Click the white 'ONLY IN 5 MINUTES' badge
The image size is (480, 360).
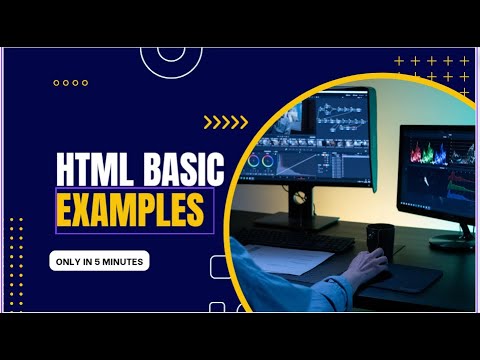click(99, 261)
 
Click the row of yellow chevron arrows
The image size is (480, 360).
click(225, 123)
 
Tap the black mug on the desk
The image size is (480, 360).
click(379, 239)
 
